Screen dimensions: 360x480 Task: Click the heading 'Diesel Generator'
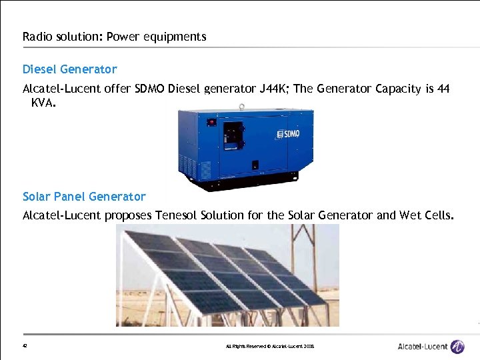pyautogui.click(x=69, y=69)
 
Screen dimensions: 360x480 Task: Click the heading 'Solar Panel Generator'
pyautogui.click(x=84, y=197)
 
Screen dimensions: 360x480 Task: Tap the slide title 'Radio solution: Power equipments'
pyautogui.click(x=114, y=37)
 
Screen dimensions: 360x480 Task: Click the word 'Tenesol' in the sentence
pyautogui.click(x=177, y=215)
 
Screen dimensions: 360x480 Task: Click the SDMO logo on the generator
pyautogui.click(x=287, y=133)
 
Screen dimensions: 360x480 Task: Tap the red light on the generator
pyautogui.click(x=213, y=122)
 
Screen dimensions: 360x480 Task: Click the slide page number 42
pyautogui.click(x=25, y=346)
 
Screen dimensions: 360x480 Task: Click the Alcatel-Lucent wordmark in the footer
pyautogui.click(x=422, y=347)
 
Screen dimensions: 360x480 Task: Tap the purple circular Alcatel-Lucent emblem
pyautogui.click(x=457, y=346)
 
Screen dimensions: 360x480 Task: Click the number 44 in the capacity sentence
pyautogui.click(x=443, y=89)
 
